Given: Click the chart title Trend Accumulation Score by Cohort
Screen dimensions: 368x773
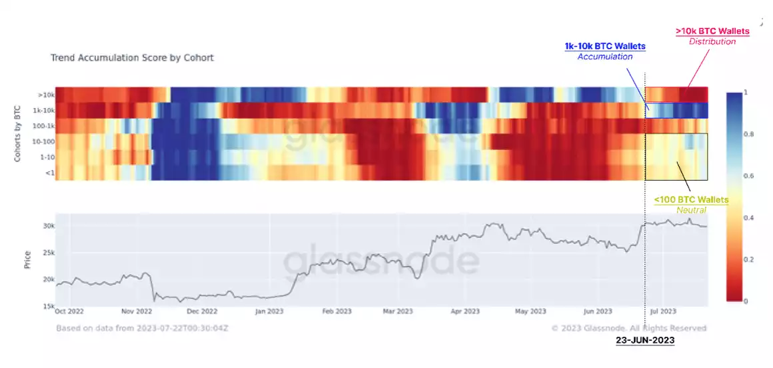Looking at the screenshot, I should [x=132, y=58].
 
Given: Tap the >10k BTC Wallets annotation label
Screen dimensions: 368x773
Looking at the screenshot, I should [x=712, y=31].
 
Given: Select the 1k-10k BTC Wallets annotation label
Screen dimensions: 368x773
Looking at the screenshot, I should [x=605, y=46].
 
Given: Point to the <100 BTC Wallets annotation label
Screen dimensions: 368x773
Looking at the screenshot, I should [x=691, y=199].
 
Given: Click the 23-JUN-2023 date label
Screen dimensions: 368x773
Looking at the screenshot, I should [x=645, y=340].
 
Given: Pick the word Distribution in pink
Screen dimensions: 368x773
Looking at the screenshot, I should [x=712, y=41].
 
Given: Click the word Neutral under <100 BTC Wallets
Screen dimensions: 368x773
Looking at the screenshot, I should [x=691, y=210].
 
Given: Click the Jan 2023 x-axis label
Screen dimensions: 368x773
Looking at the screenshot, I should [x=271, y=311].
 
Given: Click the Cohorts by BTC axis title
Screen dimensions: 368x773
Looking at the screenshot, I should [x=19, y=133].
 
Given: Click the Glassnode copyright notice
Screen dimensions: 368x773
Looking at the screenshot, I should [x=630, y=328].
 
